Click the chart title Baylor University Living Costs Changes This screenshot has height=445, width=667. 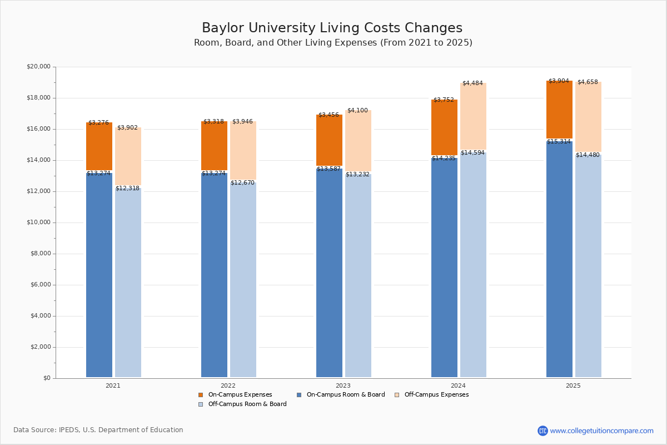(332, 28)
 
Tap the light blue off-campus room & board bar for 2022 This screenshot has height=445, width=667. (243, 278)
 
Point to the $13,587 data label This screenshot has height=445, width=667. (328, 169)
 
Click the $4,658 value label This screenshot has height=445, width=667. (588, 82)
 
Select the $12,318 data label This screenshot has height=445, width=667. (127, 189)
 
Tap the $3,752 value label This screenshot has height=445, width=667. (444, 100)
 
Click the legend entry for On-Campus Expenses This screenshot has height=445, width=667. (240, 395)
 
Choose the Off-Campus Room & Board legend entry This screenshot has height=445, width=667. (247, 404)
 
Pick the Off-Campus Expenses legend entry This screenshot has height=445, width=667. (436, 395)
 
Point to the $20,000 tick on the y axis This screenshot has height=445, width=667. (38, 67)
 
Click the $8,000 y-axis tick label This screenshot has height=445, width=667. (40, 254)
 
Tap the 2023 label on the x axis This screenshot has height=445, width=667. (343, 385)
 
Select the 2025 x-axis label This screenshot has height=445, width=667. (573, 385)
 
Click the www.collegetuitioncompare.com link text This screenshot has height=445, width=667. (601, 431)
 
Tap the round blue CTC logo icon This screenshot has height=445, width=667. (542, 431)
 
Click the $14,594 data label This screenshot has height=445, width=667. (472, 153)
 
